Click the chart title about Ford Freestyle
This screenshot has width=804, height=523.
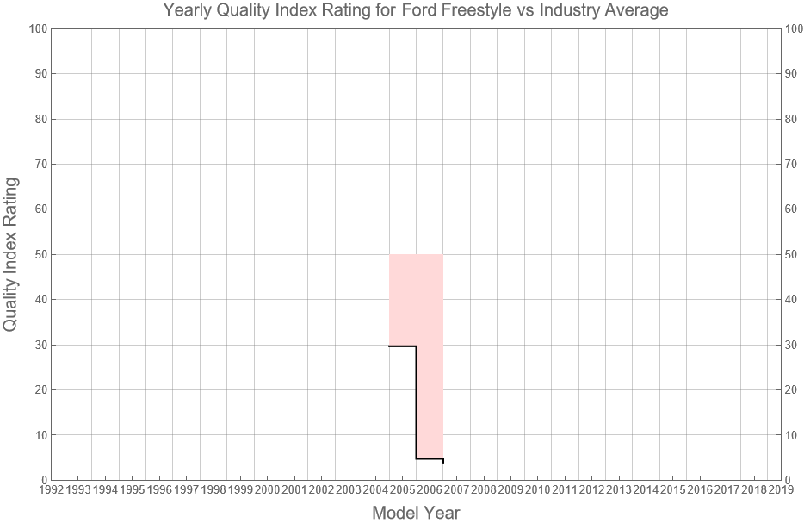click(416, 11)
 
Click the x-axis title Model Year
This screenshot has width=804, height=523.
click(416, 513)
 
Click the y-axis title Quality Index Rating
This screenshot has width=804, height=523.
click(11, 254)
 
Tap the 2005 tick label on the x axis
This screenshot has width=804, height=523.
click(402, 490)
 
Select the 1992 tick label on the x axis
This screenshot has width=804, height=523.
click(51, 490)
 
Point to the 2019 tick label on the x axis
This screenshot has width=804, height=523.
click(781, 490)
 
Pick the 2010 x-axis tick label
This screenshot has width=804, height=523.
click(537, 490)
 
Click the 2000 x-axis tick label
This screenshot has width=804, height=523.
click(267, 490)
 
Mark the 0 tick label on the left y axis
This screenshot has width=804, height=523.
click(42, 480)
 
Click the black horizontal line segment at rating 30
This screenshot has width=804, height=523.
click(402, 346)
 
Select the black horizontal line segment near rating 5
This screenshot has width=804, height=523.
click(430, 458)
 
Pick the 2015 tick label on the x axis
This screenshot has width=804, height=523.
click(672, 490)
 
